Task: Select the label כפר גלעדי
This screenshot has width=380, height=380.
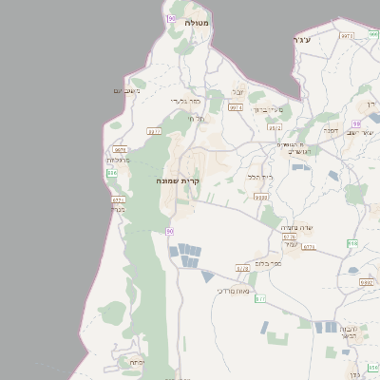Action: pos(183,100)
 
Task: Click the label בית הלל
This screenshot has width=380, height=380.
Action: pos(259,177)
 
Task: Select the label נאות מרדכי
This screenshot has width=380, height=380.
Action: pos(232,291)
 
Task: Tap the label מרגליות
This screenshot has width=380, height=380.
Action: pos(118,160)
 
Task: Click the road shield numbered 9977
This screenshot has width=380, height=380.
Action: pos(155,131)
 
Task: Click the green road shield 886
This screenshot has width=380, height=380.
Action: pos(112,173)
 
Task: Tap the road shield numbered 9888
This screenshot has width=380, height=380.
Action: pos(261,198)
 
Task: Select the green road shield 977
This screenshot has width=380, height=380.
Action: pos(260,298)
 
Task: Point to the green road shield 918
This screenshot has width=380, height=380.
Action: pos(351,243)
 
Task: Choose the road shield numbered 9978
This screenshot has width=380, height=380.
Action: pos(120,149)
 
